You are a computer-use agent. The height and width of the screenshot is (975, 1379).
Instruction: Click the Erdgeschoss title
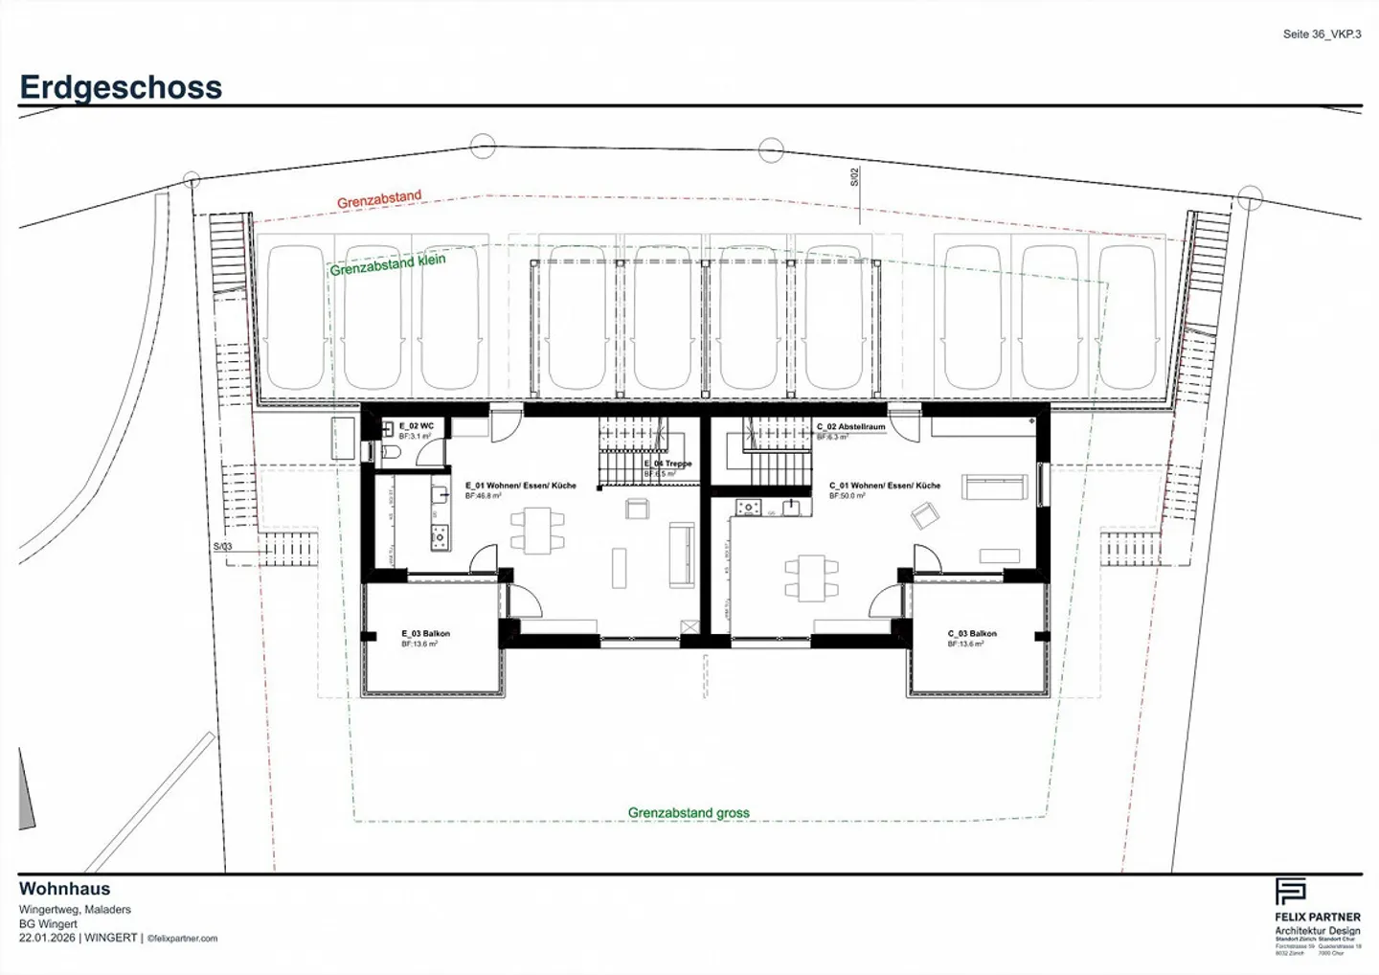[x=121, y=87]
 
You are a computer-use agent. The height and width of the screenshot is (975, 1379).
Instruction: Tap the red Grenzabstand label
[x=378, y=199]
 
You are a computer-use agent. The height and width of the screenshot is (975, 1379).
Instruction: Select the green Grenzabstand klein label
[x=388, y=264]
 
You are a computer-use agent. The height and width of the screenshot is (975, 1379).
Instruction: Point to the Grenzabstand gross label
[x=689, y=812]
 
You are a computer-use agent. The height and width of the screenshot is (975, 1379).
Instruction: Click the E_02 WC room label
[x=417, y=426]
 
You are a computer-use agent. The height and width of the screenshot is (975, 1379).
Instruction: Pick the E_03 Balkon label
[x=425, y=634]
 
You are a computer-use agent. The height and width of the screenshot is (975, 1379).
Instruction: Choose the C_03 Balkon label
[x=972, y=634]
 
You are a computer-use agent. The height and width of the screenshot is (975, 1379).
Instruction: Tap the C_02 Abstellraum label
[x=850, y=427]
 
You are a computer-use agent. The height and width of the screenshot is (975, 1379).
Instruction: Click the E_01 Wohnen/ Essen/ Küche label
[x=521, y=486]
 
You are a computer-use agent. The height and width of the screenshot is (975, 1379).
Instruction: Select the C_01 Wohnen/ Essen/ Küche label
[x=885, y=486]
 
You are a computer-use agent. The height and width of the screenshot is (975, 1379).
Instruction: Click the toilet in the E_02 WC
[x=390, y=451]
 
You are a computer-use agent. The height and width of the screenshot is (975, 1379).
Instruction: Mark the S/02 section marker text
[x=855, y=177]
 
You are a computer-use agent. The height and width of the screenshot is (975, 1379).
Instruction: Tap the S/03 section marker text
[x=222, y=547]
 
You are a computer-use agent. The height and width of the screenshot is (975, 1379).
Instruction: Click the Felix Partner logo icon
[x=1290, y=891]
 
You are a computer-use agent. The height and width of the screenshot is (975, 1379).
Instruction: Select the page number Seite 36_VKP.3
[x=1322, y=34]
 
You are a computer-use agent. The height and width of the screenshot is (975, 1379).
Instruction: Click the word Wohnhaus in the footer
[x=64, y=889]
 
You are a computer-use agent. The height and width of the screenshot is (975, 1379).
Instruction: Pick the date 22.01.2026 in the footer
[x=46, y=939]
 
